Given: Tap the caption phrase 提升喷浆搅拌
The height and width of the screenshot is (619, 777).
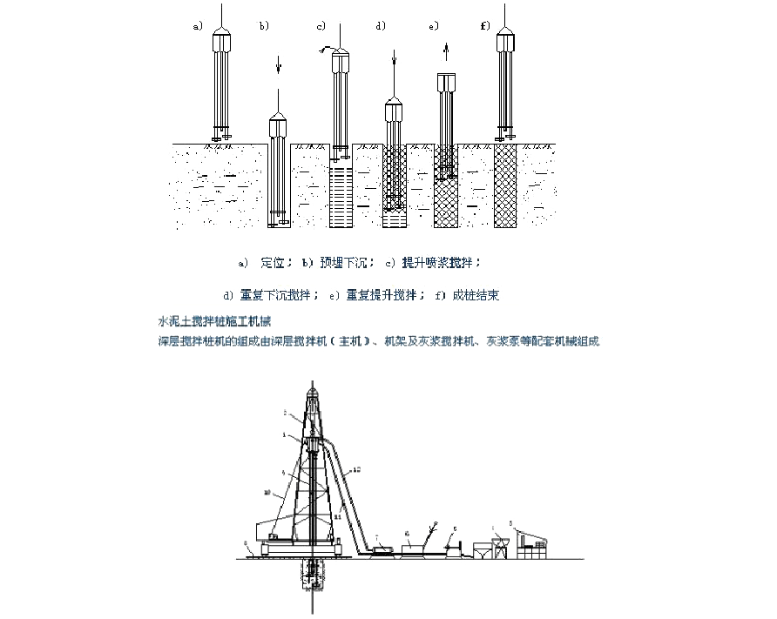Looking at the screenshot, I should [441, 261].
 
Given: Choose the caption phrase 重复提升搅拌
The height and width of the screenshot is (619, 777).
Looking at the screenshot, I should [374, 292].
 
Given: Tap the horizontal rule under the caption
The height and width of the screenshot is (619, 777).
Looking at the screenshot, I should [366, 304].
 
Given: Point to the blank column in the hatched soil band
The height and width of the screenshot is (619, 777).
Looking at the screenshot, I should [279, 183].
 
